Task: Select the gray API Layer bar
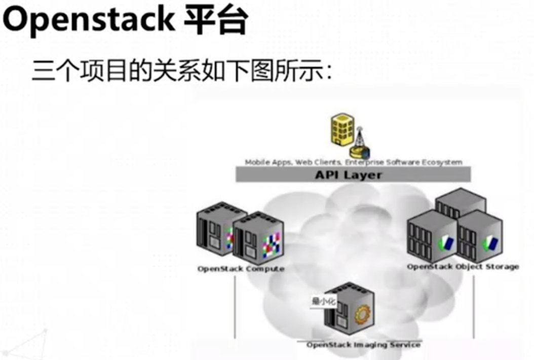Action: [353, 175]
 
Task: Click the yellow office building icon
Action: [342, 129]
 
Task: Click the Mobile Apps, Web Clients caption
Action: [353, 162]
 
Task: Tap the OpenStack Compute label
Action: [241, 269]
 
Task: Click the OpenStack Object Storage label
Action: [463, 267]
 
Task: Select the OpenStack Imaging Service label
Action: [363, 345]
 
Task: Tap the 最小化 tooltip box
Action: [323, 302]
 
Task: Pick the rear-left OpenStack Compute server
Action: [215, 228]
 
